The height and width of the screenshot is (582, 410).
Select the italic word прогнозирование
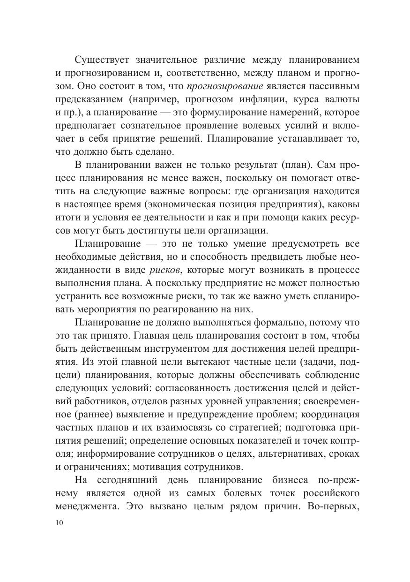(x=225, y=86)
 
